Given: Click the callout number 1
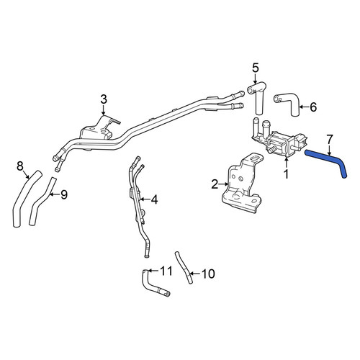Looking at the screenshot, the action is pos(286,174).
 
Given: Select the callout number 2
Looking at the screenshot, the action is pos(215,184).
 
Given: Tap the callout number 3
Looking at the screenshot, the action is pos(104,99).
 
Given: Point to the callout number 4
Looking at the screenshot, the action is pos(154,199).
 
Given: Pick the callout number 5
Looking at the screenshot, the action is pos(256,68).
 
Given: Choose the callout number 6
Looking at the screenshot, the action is pos(313,107).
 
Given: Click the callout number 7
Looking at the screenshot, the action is pos(330,140).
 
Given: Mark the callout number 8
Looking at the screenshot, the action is pos(20,166).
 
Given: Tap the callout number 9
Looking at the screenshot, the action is pos(64,194).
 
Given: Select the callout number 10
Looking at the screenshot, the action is pos(208,274).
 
